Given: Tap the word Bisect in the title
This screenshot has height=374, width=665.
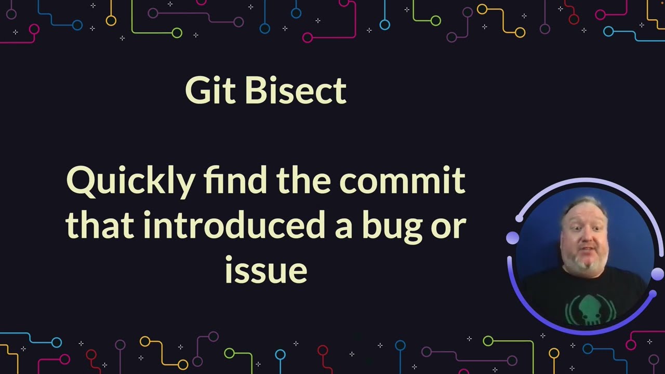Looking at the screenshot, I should point(295,91).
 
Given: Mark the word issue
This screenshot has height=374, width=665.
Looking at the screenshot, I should point(266,270).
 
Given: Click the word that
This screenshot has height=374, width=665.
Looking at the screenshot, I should point(99,226).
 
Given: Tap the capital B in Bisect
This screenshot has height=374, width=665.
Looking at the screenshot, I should point(254,91).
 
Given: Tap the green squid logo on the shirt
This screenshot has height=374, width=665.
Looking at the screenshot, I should point(586,306).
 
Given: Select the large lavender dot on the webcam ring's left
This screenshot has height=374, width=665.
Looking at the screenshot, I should point(513,238).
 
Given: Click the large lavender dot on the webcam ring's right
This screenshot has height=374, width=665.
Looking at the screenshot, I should point(657,274).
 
